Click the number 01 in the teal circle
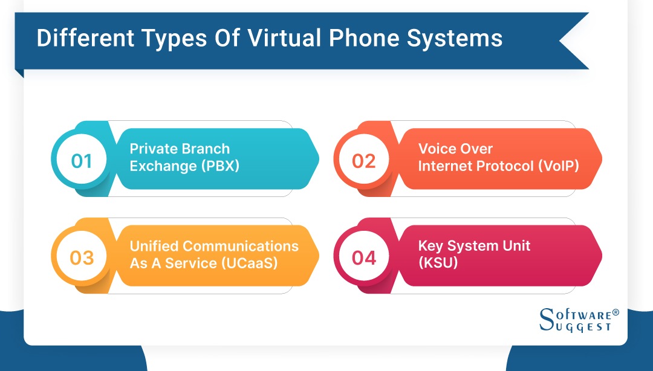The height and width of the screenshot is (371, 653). coord(82,161)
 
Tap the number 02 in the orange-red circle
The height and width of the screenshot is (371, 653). coord(363,161)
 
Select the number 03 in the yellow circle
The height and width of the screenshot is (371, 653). coord(82,258)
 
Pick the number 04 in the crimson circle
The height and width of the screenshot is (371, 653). coord(364,258)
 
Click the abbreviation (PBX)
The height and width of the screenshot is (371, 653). coord(219,166)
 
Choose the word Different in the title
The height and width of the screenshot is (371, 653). coord(85,38)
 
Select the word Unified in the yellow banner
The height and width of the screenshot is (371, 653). coord(154,246)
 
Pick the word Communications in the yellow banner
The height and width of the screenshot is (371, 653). coord(241,246)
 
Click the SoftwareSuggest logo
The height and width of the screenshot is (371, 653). coord(574,320)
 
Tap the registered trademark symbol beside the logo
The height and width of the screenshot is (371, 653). coord(616,312)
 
